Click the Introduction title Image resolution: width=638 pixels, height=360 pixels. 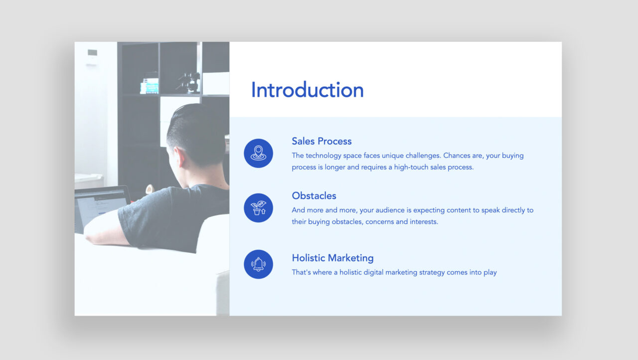coord(307,90)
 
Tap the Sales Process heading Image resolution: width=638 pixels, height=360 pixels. coord(321,141)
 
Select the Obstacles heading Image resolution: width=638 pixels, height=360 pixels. coord(314,195)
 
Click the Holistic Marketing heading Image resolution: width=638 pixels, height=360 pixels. coord(332,258)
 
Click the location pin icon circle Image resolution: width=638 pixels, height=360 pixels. coord(258,153)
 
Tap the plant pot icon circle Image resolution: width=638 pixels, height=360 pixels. coord(258,208)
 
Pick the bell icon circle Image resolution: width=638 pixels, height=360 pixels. coord(258,264)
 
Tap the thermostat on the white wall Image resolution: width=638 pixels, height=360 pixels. coord(92,53)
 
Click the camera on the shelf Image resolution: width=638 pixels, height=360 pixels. coord(189,82)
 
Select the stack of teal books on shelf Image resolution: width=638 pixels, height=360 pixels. coord(149,85)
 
